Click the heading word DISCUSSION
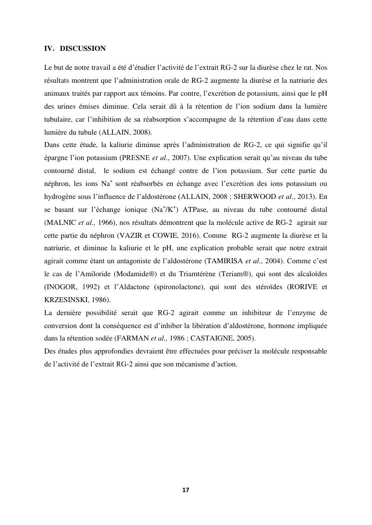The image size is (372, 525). point(82,49)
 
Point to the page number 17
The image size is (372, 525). point(186,490)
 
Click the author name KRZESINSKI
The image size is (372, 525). point(67,300)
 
